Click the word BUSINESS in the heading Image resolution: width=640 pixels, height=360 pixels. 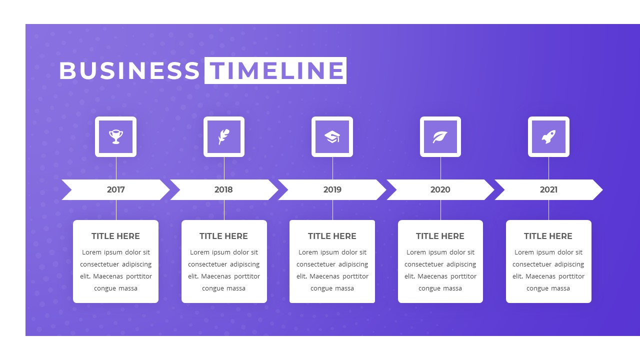[129, 70]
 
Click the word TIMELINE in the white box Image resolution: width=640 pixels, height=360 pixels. [275, 70]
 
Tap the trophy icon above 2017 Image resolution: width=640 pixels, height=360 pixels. [116, 136]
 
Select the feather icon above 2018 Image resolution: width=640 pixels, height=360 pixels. [224, 136]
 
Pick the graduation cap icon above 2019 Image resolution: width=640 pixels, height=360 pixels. [332, 136]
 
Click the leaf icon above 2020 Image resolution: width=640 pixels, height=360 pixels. [440, 136]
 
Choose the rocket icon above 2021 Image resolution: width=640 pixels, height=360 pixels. [548, 136]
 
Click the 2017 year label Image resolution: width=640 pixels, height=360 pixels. [116, 189]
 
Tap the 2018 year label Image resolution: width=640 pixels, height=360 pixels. [223, 189]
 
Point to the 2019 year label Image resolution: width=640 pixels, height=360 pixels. [332, 189]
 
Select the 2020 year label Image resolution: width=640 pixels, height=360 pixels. [440, 189]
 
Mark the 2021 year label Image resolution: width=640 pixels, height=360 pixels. [548, 189]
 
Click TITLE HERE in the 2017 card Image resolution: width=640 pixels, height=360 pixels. [115, 236]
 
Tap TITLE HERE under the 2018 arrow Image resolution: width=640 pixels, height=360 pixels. [223, 236]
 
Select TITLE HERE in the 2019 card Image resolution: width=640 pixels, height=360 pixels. [332, 236]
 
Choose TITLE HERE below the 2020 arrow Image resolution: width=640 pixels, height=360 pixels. [440, 236]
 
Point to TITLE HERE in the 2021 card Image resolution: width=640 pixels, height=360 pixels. [548, 236]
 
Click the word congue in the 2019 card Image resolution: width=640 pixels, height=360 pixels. [322, 288]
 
